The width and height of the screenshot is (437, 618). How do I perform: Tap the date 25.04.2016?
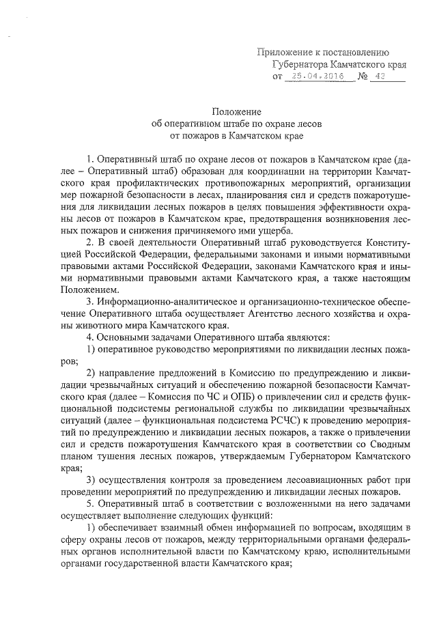point(319,78)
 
